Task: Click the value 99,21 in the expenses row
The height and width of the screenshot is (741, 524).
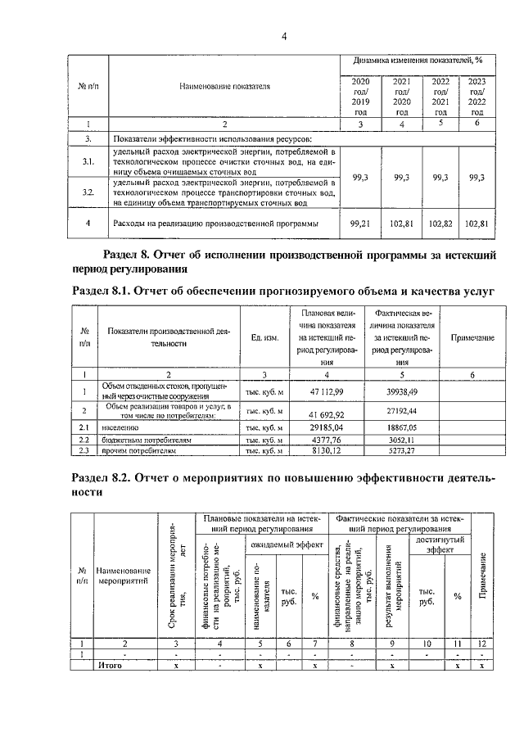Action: [360, 222]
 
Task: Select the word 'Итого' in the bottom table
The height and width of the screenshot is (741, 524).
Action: [110, 666]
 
